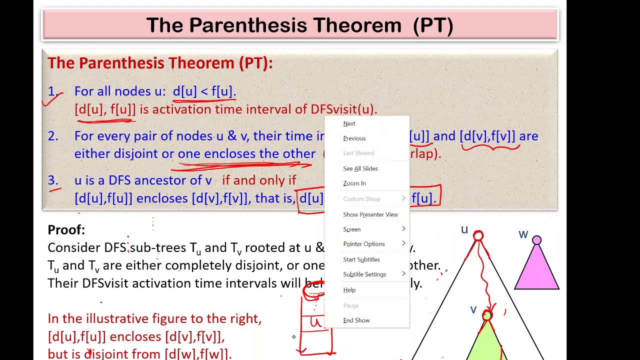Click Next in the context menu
pyautogui.click(x=349, y=123)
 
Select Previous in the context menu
pyautogui.click(x=354, y=138)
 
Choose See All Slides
pyautogui.click(x=360, y=168)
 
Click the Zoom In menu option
pyautogui.click(x=354, y=183)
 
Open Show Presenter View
pyautogui.click(x=370, y=214)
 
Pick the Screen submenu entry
pyautogui.click(x=351, y=229)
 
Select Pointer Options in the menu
pyautogui.click(x=363, y=244)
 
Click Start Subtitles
pyautogui.click(x=361, y=259)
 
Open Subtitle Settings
pyautogui.click(x=364, y=274)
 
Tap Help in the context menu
pyautogui.click(x=349, y=290)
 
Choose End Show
pyautogui.click(x=356, y=320)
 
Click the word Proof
pyautogui.click(x=65, y=230)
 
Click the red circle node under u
pyautogui.click(x=478, y=235)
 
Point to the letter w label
pyautogui.click(x=523, y=234)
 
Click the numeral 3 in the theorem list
pyautogui.click(x=52, y=180)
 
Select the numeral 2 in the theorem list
pyautogui.click(x=52, y=136)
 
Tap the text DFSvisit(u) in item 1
pyautogui.click(x=343, y=109)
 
